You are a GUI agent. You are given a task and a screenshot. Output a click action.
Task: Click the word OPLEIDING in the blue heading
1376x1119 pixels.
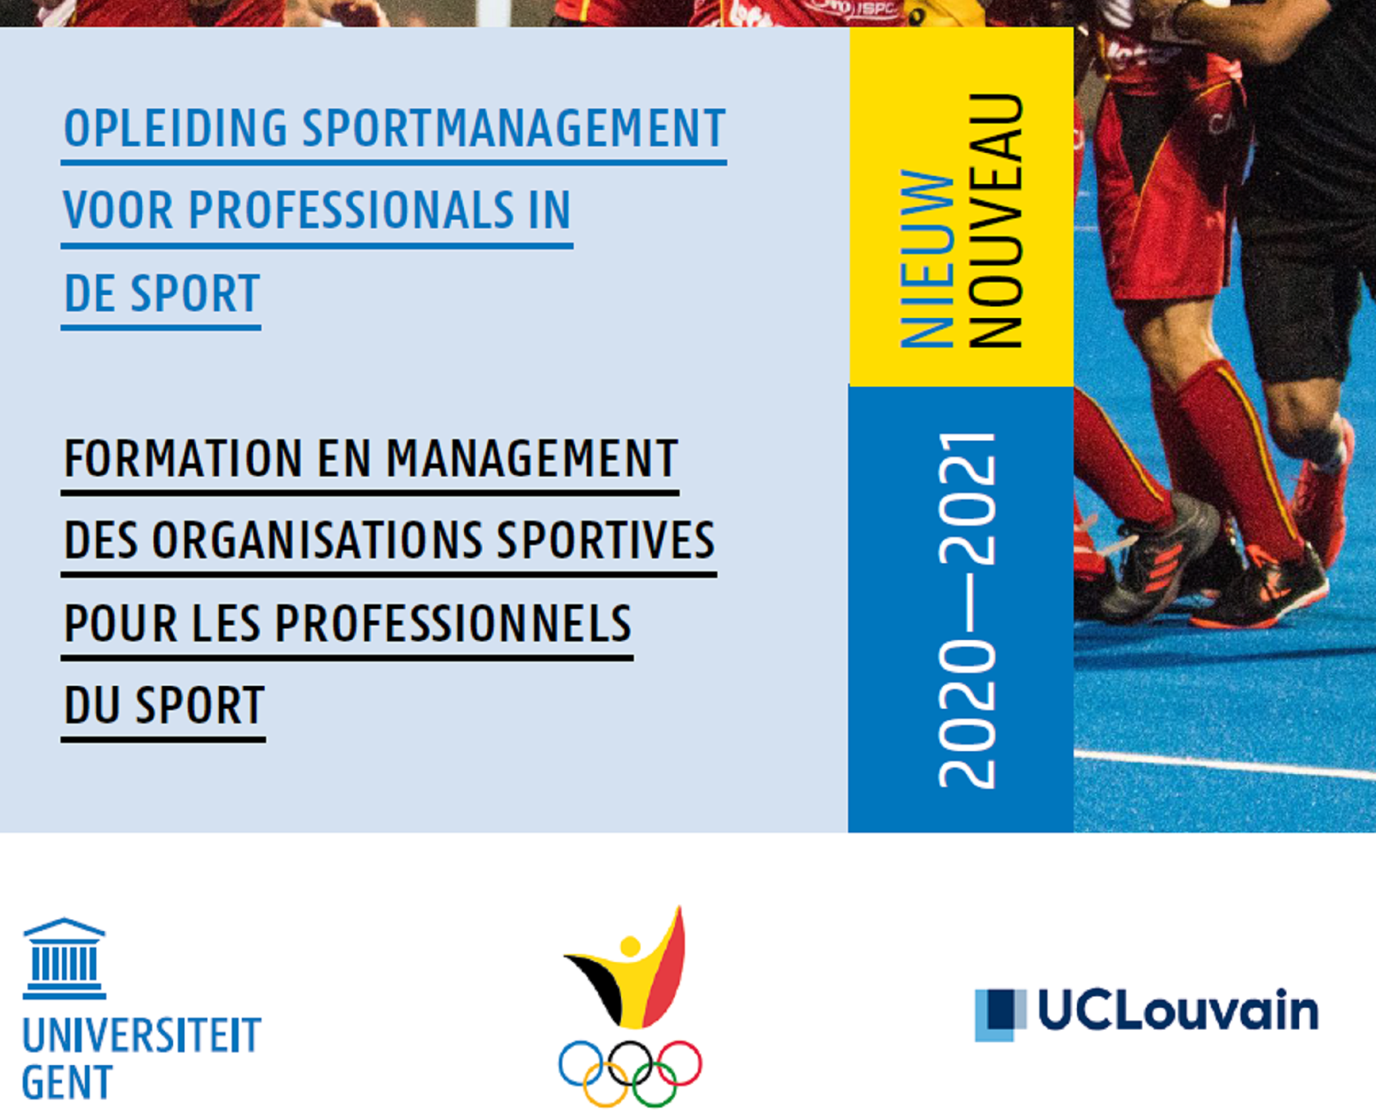176,128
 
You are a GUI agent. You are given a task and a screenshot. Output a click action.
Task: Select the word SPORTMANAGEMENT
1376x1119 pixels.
514,128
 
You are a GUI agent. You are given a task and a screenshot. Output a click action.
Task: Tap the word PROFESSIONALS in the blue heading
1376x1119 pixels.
351,210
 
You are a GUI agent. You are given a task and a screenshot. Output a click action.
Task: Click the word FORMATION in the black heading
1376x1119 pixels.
183,458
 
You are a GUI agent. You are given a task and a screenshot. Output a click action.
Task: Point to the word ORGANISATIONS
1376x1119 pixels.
317,540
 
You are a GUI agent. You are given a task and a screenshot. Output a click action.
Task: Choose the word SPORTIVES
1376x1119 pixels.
605,540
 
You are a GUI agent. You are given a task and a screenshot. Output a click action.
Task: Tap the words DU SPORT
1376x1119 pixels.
164,705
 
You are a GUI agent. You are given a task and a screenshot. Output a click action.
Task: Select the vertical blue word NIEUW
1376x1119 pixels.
927,259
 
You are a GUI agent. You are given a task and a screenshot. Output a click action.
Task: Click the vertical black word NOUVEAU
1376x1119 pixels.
995,220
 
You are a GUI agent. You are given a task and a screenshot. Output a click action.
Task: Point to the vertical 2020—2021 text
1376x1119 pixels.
967,610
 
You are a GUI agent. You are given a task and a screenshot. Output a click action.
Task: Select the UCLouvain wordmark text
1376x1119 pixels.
1179,1011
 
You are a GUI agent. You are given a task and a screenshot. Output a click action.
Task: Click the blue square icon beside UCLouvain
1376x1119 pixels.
1000,1015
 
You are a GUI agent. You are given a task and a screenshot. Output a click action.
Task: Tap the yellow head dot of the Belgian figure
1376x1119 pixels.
630,946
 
